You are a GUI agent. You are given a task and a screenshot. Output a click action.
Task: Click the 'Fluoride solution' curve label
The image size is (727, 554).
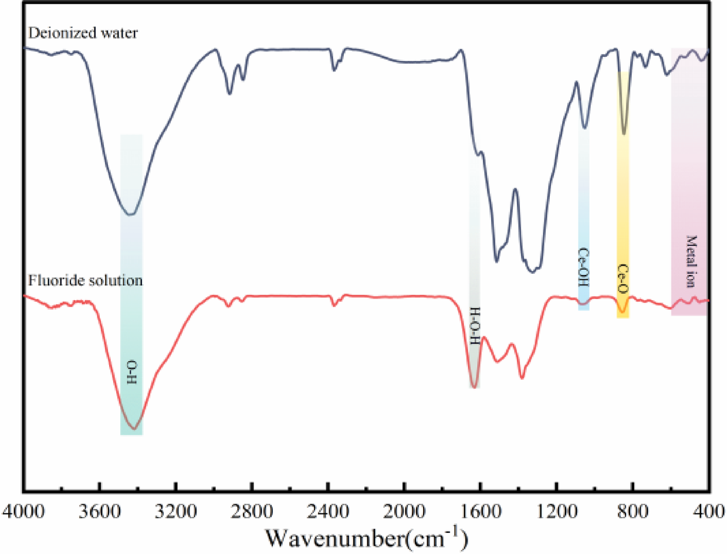tap(85, 280)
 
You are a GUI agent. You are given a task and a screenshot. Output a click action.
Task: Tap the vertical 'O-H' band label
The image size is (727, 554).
tap(131, 371)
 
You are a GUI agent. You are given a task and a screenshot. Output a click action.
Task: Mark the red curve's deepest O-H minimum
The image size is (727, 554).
tap(134, 429)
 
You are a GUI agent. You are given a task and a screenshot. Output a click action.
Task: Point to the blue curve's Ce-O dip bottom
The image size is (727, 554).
tap(624, 134)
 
